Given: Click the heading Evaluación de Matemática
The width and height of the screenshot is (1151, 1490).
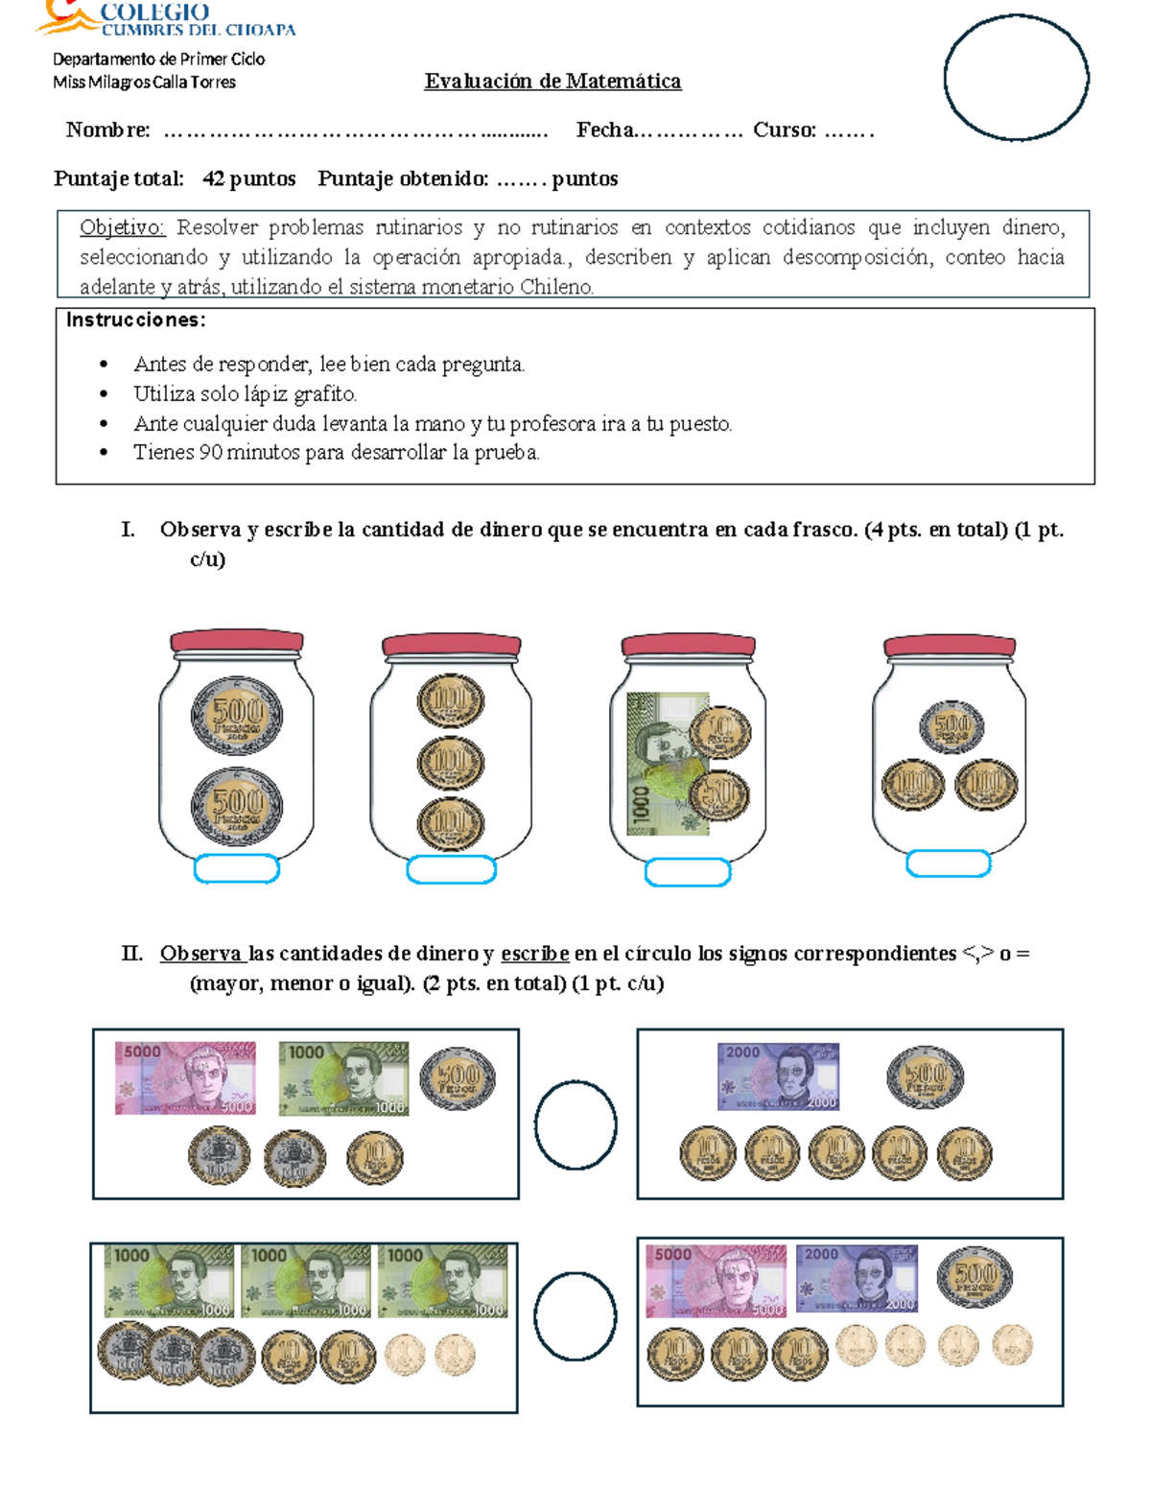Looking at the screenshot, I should (552, 82).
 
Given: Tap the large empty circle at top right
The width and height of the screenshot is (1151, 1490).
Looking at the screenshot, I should (1016, 78).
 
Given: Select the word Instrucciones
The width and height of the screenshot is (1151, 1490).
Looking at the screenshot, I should (135, 320).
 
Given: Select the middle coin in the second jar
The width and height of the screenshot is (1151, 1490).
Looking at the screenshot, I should (451, 764).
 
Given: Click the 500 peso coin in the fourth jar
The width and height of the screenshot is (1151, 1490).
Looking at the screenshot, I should (951, 726).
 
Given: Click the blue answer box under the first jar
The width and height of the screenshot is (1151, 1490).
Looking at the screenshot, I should (237, 869).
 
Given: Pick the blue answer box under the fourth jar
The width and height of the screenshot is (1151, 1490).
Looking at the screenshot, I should (948, 863).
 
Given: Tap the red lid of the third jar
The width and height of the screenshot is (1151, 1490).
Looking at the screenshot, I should (688, 645).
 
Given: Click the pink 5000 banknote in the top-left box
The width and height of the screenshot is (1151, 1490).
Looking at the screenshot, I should (185, 1078).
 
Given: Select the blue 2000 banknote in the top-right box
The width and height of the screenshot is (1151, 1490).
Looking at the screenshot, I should (778, 1076).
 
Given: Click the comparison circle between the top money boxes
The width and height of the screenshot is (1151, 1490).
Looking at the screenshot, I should (575, 1124).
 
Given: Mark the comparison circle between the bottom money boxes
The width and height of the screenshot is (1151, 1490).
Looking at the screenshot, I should (575, 1316).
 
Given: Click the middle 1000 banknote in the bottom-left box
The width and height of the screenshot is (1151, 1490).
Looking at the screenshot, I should (305, 1281).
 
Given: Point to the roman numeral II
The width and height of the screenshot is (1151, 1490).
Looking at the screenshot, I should (131, 954).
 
